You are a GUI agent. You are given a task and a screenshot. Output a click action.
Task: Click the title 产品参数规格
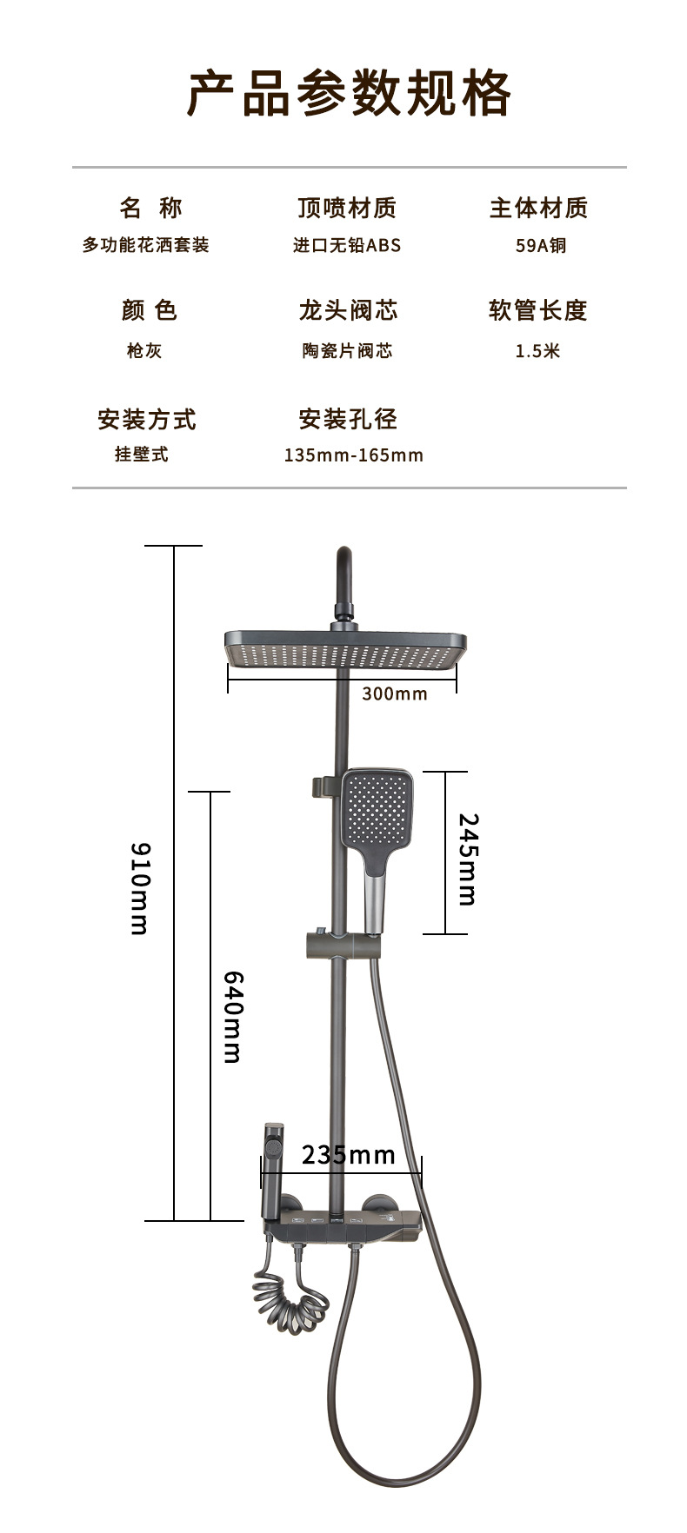tap(349, 94)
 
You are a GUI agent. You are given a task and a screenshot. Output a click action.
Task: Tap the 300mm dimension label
tap(395, 693)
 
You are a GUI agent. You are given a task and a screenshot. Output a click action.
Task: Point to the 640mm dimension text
tap(232, 1016)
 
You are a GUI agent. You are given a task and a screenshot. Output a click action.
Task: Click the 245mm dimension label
tap(468, 859)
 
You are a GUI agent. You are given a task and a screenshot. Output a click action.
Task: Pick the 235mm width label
tap(348, 1155)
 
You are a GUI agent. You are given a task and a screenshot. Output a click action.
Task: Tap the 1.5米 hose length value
tap(538, 351)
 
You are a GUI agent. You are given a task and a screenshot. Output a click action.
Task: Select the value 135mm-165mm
tap(353, 455)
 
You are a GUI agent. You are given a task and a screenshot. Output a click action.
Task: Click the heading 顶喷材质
tap(347, 208)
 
